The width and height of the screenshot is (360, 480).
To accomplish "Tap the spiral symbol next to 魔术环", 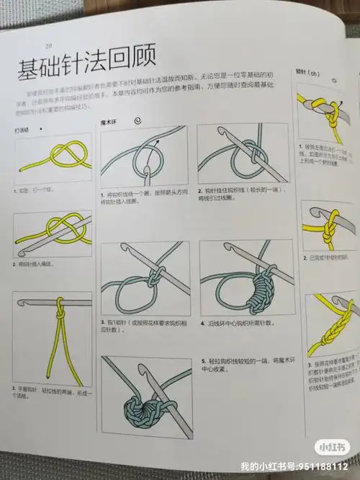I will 137,122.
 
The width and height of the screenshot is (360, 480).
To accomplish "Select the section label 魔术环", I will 108,124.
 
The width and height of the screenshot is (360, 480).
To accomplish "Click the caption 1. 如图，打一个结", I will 35,190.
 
